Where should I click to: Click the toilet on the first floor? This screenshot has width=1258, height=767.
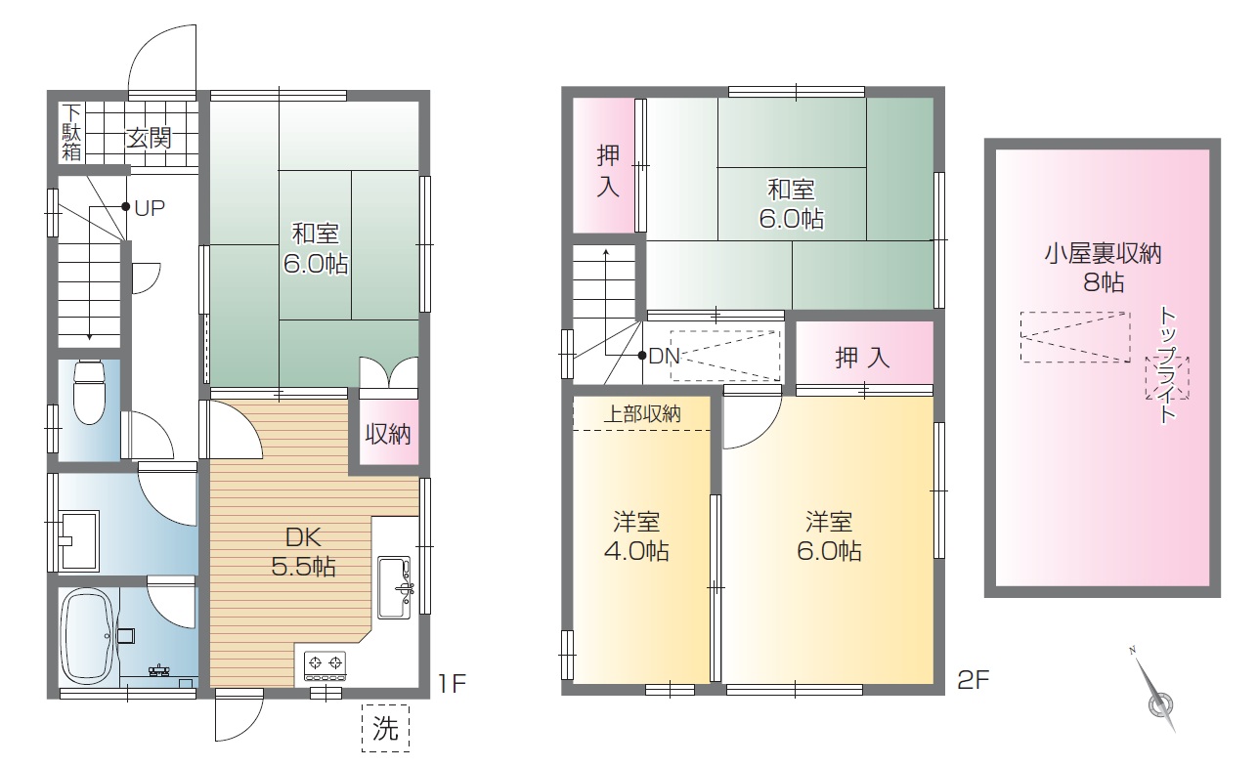point(89,392)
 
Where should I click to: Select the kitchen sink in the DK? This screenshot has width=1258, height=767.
point(394,587)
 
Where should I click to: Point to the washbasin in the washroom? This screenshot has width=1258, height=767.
point(79,540)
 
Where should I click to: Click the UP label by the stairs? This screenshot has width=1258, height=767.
point(150,208)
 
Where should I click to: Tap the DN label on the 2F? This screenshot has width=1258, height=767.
point(664,356)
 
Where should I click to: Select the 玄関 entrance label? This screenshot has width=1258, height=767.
point(149,138)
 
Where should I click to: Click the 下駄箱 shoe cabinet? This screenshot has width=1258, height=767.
point(71,133)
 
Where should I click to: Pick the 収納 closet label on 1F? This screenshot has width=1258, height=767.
point(388,434)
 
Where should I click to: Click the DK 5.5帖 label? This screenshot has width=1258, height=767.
point(303,552)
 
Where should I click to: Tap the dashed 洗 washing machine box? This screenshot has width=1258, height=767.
point(385,728)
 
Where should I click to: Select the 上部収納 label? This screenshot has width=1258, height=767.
point(642,414)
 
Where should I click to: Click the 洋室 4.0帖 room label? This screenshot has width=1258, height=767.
point(636,536)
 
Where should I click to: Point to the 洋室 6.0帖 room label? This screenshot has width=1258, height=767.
point(829,536)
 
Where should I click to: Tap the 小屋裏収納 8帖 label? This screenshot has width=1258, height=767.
point(1103,269)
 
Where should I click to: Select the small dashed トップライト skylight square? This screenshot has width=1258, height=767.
point(1167,378)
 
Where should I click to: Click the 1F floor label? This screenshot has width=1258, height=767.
point(452,683)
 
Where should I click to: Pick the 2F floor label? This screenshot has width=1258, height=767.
point(974,681)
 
